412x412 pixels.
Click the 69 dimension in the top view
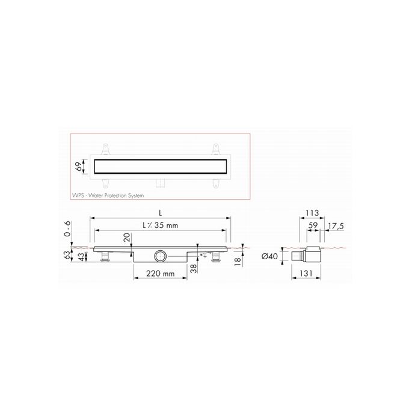click(78, 166)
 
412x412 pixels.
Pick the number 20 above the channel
click(127, 238)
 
